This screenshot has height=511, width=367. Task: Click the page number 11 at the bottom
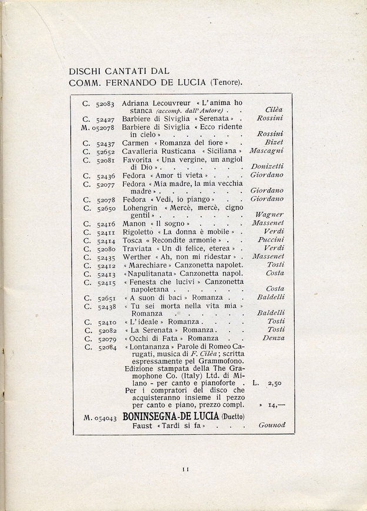[184, 468]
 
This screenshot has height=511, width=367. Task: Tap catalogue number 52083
[105, 103]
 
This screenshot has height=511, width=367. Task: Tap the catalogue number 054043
[105, 417]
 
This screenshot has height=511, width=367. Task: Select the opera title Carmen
[135, 143]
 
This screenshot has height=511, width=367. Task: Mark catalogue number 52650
[105, 208]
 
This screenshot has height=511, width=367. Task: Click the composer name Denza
[274, 339]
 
